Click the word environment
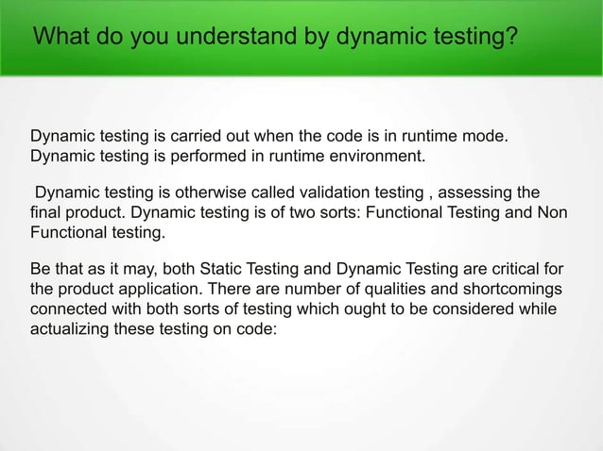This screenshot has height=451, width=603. click(369, 156)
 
